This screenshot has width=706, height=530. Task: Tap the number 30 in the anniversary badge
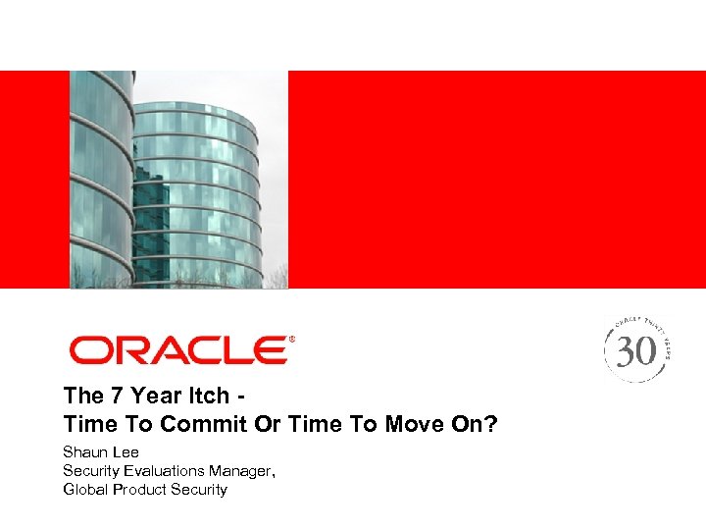click(636, 350)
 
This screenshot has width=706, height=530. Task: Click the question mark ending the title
click(492, 424)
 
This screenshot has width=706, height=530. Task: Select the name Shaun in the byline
click(85, 452)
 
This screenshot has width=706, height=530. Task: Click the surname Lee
click(126, 452)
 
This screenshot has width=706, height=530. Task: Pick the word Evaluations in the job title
click(168, 471)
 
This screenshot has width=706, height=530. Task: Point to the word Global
click(85, 489)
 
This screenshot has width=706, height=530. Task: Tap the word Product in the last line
click(140, 489)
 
